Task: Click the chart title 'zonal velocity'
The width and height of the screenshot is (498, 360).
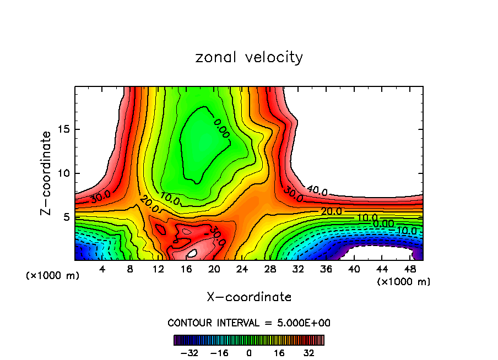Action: [x=249, y=57]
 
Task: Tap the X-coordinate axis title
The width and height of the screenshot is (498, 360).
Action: [x=249, y=297]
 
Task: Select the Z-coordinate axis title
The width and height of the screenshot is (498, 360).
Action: [x=46, y=173]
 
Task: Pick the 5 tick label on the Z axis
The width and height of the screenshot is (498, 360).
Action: [x=64, y=217]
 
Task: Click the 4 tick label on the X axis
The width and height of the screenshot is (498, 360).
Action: [x=102, y=269]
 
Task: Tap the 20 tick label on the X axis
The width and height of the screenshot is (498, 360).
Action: [x=214, y=269]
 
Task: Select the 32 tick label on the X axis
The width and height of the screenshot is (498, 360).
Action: [x=299, y=269]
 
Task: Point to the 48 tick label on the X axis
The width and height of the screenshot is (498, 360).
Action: [x=411, y=269]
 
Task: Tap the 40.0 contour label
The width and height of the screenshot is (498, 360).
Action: [x=317, y=191]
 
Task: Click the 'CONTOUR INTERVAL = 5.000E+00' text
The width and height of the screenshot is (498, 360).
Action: [x=249, y=323]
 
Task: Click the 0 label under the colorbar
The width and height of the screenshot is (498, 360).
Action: [x=249, y=353]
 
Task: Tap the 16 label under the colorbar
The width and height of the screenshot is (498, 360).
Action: [x=279, y=353]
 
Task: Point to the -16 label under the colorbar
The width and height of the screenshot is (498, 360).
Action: [x=219, y=353]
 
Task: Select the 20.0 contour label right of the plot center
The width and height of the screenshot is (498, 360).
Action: [x=331, y=211]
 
